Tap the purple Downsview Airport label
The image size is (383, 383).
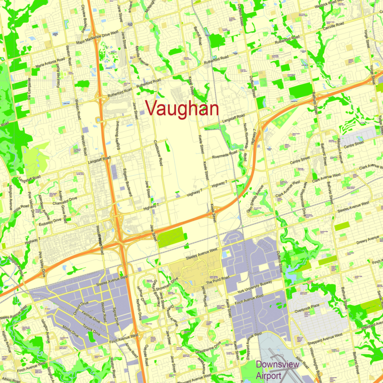tap(278, 369)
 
